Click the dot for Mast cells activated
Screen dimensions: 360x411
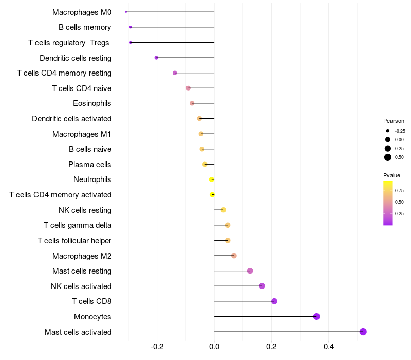pos(363,332)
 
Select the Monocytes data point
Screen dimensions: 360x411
pos(316,316)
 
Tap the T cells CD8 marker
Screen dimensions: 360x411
pos(274,301)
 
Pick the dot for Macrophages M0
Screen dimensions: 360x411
pos(126,12)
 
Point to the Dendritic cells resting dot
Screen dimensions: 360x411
pos(156,58)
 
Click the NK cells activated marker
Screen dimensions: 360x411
pos(262,286)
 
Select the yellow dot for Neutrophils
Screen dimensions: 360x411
pos(212,179)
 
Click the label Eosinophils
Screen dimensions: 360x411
pos(92,103)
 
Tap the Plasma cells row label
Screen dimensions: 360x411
pos(90,165)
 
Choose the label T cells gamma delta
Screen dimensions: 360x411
pos(78,225)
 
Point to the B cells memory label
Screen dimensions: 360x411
pos(85,27)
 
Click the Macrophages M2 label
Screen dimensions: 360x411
pos(82,256)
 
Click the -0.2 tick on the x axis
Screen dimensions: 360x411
pos(157,347)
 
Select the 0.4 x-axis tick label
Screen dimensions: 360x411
pos(328,347)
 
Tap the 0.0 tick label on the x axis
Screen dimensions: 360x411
pos(214,347)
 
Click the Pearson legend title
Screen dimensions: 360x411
pos(394,121)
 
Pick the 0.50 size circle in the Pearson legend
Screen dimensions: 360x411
pos(387,157)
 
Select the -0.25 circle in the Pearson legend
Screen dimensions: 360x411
pos(387,131)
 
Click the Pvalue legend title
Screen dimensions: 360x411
pos(391,175)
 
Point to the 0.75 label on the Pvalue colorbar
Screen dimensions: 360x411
pos(399,190)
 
